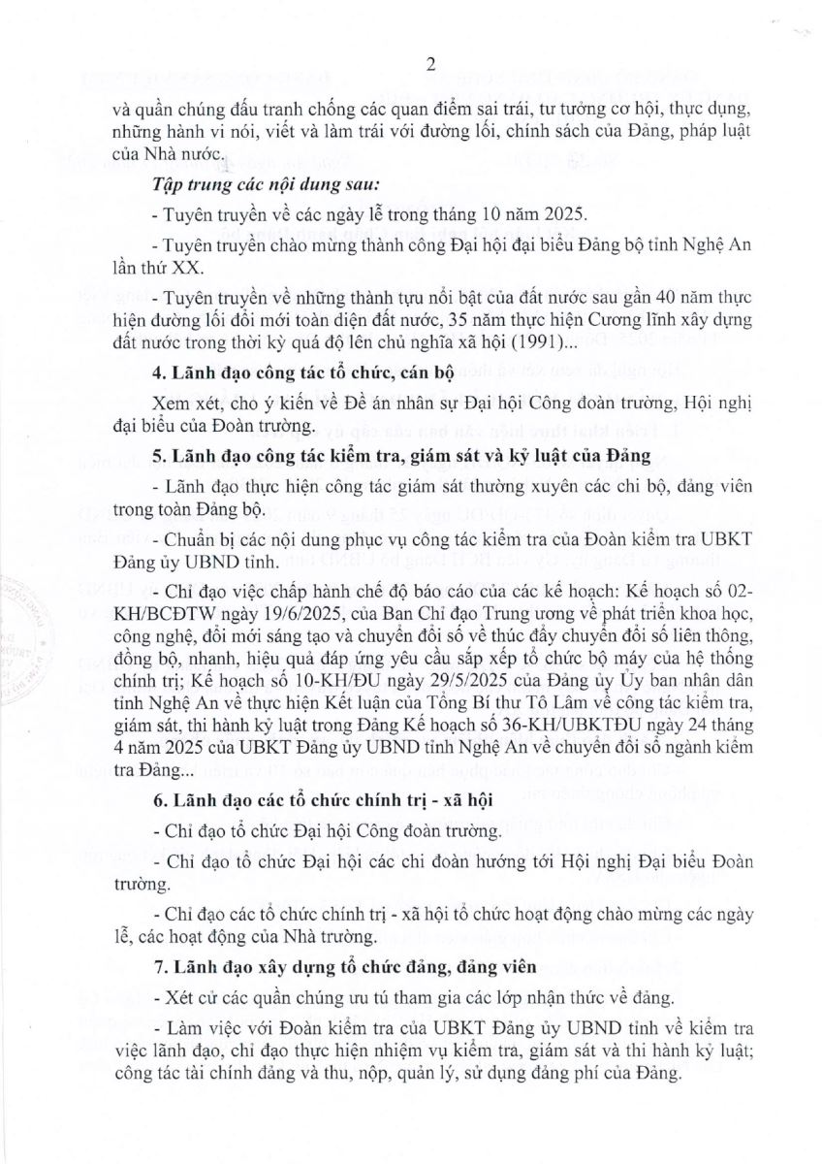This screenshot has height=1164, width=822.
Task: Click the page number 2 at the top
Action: (x=430, y=65)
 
